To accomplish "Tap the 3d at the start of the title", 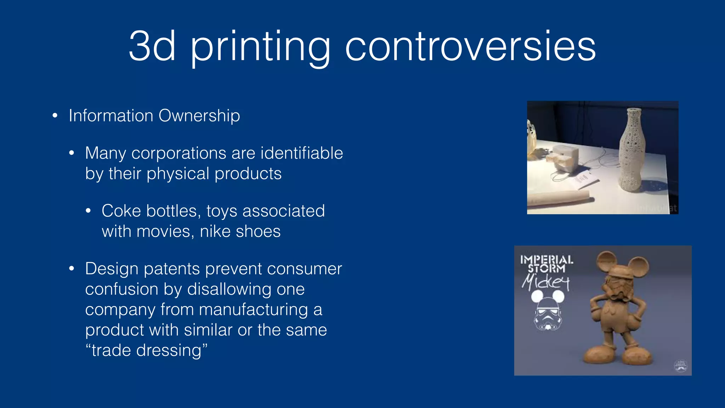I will coord(152,47).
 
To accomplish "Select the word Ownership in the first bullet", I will coord(199,116).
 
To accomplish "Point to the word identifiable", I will coord(302,153).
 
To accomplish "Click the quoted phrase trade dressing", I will coord(146,351).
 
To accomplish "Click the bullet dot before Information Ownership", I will coord(55,115).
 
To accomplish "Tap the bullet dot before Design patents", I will coord(72,268).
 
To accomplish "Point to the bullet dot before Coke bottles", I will coord(88,211).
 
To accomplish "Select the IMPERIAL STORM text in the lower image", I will coord(546,264).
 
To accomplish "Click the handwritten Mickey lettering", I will coord(545,283).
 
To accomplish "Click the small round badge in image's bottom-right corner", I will coord(680,365).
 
